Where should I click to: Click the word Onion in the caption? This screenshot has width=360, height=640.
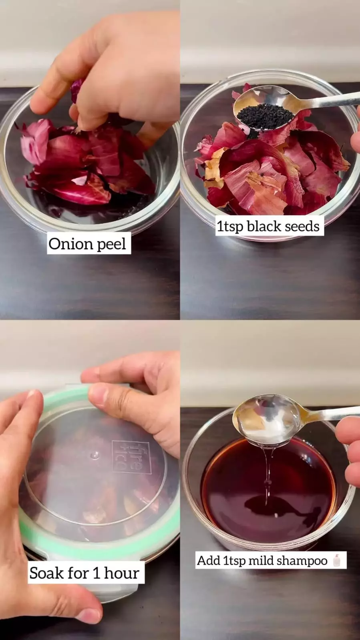pyautogui.click(x=71, y=244)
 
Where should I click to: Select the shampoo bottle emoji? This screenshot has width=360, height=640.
pyautogui.click(x=337, y=560)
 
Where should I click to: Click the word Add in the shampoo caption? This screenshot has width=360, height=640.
pyautogui.click(x=209, y=560)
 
